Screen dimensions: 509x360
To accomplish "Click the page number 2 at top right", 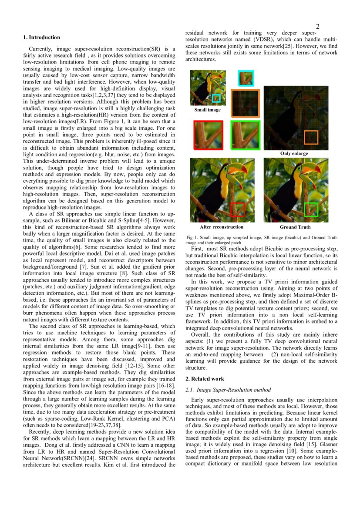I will tap(317, 27).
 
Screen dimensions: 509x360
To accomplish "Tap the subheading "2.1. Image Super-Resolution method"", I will tap(228, 390).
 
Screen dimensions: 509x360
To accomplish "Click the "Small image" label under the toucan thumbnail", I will tap(207, 110).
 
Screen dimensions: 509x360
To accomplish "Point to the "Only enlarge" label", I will tap(294, 153).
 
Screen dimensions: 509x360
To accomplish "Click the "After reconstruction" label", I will tap(222, 227).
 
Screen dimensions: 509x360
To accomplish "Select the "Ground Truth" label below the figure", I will tap(295, 227).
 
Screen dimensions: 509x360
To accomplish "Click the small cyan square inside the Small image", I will tap(216, 98).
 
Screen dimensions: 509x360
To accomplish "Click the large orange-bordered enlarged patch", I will tap(245, 104).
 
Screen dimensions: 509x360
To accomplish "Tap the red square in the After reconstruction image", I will tap(237, 209).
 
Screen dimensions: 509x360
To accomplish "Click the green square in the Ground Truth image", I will tap(311, 209).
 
